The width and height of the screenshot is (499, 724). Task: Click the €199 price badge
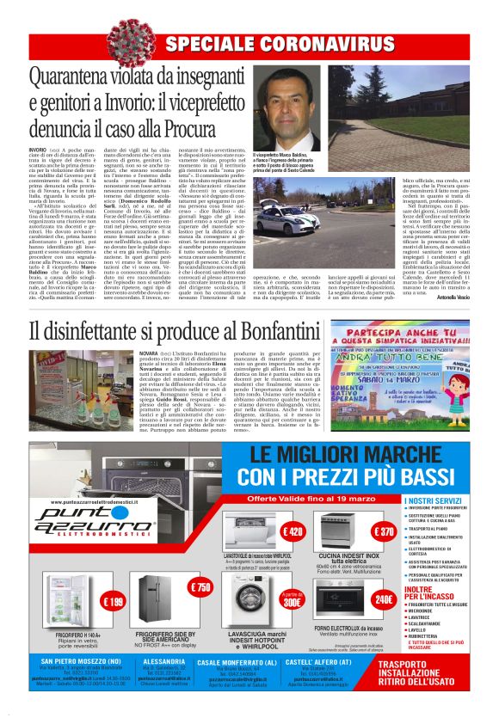coord(113,601)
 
